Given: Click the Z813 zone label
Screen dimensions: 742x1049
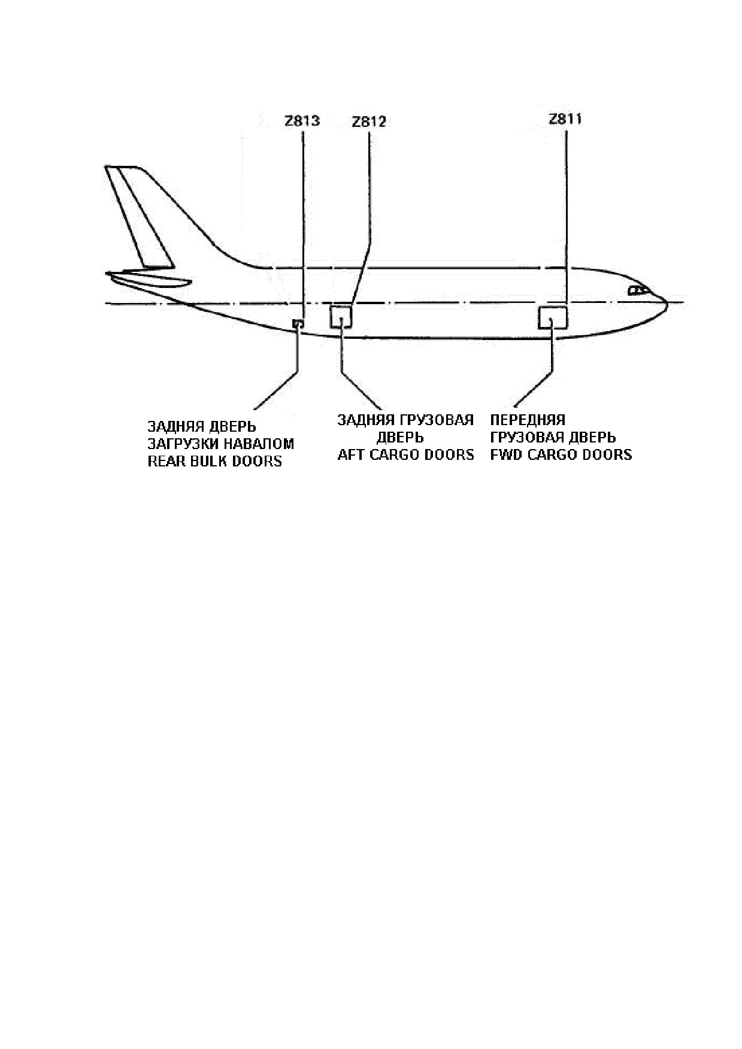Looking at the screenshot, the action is [302, 121].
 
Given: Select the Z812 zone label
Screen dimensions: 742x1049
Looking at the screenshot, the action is [369, 122].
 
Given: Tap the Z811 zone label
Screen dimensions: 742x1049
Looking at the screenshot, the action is [565, 119].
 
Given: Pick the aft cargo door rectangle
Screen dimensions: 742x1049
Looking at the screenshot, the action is [341, 316].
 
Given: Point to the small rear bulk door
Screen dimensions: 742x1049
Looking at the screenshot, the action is [297, 323].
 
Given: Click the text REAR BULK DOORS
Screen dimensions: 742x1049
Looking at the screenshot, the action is [214, 462].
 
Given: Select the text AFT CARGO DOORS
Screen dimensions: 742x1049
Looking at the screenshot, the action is [405, 454].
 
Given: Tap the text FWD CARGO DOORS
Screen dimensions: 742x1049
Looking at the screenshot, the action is [561, 454].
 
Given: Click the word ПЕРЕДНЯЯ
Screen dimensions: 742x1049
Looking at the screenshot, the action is [528, 420].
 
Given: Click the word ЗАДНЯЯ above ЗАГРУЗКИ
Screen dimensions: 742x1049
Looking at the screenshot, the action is [174, 427].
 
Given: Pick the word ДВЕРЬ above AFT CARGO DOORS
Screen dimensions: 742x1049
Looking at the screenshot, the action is [400, 437].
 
